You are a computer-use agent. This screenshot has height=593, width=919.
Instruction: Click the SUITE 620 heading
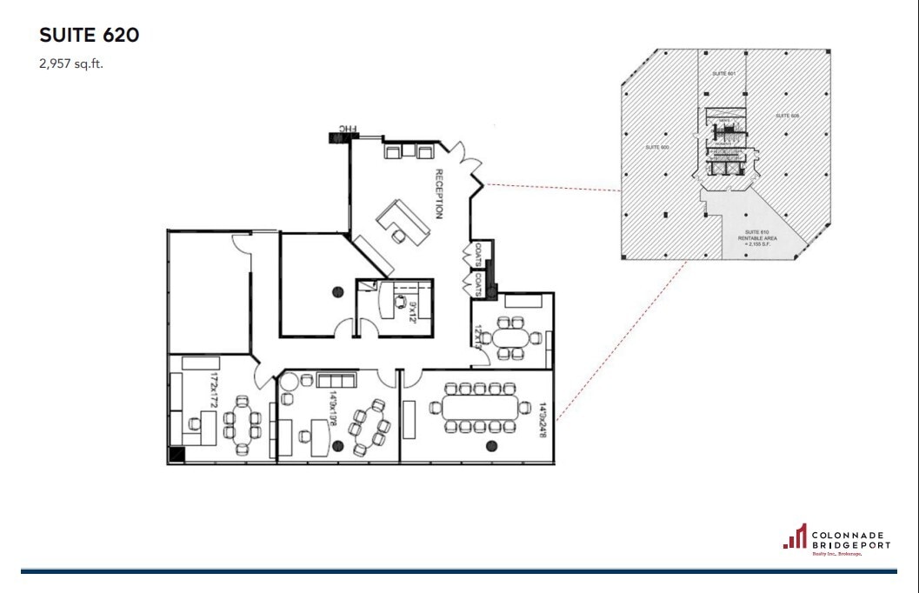[x=90, y=36]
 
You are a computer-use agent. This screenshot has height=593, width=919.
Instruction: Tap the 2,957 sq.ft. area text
[x=71, y=63]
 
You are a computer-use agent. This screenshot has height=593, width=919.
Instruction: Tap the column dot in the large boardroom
[x=492, y=446]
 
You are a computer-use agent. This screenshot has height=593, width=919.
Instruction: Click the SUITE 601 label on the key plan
[x=724, y=74]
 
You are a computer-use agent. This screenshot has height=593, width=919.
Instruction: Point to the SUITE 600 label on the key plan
[x=656, y=148]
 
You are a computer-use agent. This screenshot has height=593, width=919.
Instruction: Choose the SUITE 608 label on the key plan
[x=788, y=115]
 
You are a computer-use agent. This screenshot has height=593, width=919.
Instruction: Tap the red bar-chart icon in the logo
[x=796, y=536]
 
